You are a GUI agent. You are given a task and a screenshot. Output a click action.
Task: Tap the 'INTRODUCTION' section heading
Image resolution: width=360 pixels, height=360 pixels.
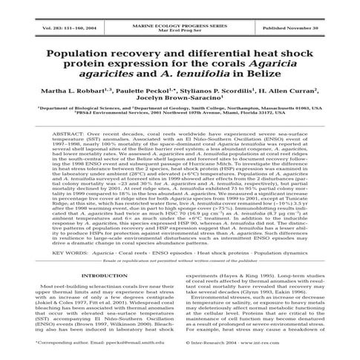click(x=102, y=276)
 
